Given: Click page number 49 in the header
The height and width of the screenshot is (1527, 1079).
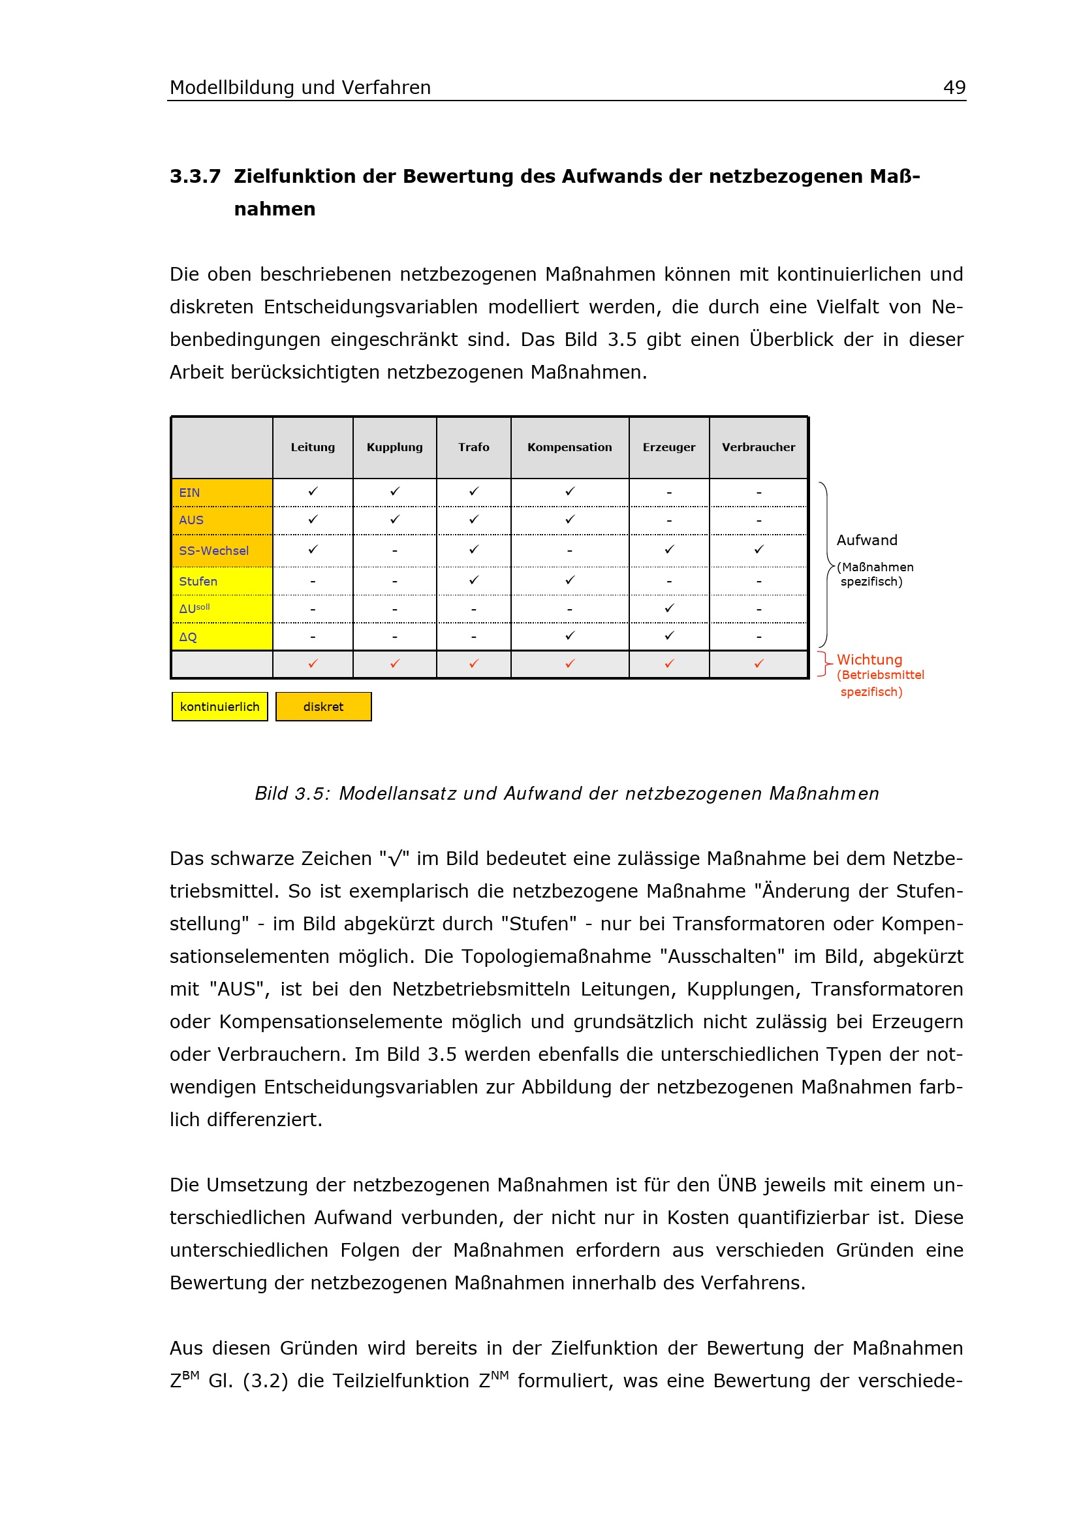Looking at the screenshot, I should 954,87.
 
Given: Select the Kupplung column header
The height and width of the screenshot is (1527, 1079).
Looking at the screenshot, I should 394,447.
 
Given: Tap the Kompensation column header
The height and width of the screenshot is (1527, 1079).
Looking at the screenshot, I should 569,447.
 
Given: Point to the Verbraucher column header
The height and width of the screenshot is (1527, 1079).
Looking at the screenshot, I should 758,447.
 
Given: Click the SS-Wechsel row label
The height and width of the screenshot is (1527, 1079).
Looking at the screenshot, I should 213,551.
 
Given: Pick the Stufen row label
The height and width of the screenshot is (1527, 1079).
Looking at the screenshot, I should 198,581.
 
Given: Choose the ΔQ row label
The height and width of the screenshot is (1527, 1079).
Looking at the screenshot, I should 188,637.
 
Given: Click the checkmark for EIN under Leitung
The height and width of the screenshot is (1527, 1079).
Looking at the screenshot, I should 313,492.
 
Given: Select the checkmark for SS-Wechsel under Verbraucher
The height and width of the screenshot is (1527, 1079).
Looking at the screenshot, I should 758,549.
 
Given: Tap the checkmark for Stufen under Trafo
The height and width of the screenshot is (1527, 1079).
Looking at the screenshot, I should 473,580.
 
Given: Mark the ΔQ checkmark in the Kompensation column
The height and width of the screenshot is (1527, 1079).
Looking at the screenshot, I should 570,636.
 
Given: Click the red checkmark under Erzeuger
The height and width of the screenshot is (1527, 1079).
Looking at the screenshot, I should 669,664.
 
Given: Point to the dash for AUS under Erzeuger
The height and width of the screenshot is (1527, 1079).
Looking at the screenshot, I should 669,521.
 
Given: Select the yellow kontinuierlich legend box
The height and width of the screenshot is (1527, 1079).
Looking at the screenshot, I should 219,706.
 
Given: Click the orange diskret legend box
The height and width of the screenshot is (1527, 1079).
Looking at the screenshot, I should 323,706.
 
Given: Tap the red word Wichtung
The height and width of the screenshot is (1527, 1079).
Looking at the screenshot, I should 869,660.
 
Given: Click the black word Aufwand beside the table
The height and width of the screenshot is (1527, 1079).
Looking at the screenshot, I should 866,540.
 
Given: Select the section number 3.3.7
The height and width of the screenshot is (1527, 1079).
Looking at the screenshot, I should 195,176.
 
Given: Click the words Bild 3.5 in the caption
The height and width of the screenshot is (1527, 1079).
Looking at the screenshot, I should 291,793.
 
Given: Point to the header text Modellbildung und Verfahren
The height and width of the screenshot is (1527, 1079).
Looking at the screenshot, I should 300,87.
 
